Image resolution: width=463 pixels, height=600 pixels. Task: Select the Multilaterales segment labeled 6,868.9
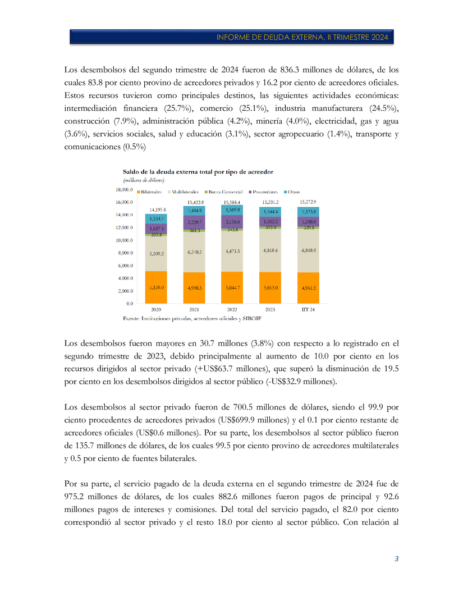[x=309, y=249]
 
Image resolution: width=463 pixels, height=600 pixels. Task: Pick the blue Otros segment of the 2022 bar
[x=232, y=210]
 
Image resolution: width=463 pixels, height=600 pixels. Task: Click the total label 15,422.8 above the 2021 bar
[x=194, y=202]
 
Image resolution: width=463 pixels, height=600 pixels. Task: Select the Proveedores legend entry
[x=264, y=192]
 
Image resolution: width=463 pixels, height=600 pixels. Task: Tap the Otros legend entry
[x=292, y=192]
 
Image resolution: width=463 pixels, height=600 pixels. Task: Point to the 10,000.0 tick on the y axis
[x=125, y=240]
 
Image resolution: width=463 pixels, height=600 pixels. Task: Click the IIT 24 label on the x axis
[x=308, y=310]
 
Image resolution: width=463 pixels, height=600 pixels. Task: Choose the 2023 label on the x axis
[x=270, y=310]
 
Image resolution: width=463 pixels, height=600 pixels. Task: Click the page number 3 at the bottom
[x=397, y=558]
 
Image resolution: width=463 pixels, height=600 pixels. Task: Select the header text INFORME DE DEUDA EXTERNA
[x=302, y=37]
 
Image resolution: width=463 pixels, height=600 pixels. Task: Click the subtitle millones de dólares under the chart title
[x=144, y=180]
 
